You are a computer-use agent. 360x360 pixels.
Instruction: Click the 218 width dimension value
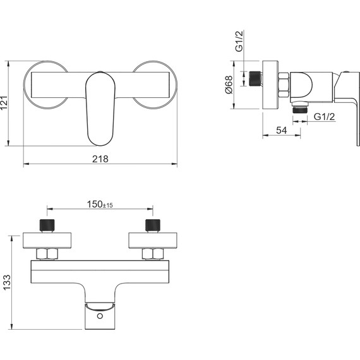pyautogui.click(x=100, y=159)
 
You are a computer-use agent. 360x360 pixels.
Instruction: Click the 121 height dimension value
pyautogui.click(x=4, y=103)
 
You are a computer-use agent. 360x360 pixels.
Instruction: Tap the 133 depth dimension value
pyautogui.click(x=7, y=282)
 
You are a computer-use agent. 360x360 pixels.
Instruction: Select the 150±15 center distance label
pyautogui.click(x=100, y=204)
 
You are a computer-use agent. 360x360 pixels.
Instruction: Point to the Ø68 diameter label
pyautogui.click(x=229, y=85)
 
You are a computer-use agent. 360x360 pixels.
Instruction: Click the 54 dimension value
pyautogui.click(x=282, y=130)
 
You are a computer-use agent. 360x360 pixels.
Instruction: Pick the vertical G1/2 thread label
pyautogui.click(x=239, y=41)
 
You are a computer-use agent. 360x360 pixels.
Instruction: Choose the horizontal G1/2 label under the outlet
pyautogui.click(x=324, y=117)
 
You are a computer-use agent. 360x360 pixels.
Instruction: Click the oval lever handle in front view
pyautogui.click(x=100, y=109)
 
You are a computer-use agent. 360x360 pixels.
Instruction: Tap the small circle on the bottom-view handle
pyautogui.click(x=100, y=316)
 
